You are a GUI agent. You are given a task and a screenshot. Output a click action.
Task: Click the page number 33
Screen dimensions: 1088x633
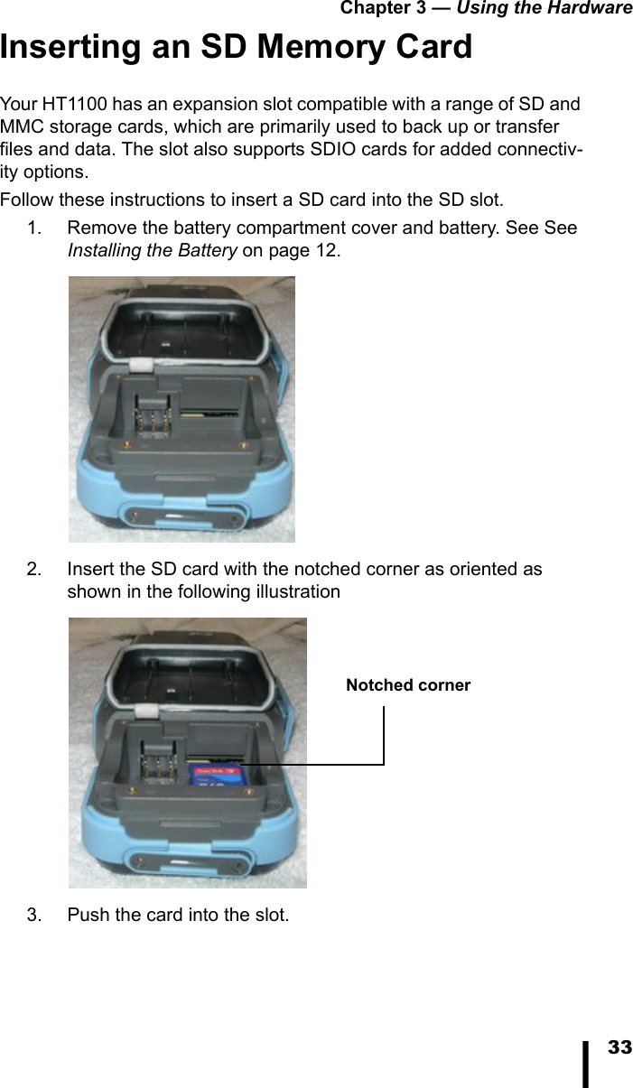[619, 1048]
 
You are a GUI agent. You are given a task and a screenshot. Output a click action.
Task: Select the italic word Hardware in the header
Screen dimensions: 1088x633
[591, 8]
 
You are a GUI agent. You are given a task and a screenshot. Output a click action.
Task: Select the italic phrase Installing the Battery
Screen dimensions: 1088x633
[153, 250]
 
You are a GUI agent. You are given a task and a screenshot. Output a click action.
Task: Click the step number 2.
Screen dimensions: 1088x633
[33, 570]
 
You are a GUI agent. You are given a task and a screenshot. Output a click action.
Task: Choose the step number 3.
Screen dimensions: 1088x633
[33, 915]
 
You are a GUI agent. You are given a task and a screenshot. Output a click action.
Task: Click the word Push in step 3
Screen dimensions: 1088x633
[87, 915]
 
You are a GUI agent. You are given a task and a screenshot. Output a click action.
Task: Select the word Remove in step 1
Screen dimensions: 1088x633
[98, 228]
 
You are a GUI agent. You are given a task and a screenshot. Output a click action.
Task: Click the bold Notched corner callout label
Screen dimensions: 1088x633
[408, 685]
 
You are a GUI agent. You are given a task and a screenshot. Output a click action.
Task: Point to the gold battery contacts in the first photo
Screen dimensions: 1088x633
[154, 420]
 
